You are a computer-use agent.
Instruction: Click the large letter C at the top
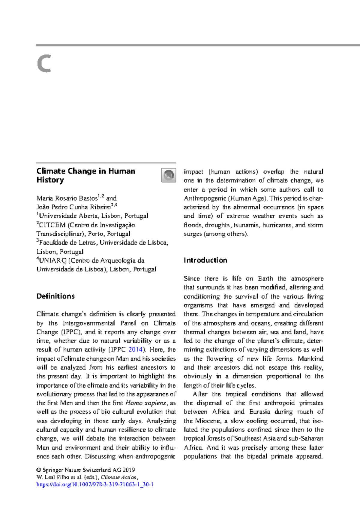click(x=44, y=64)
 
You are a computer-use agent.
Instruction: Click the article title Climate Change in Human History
click(x=85, y=175)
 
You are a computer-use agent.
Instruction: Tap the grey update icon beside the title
click(x=169, y=175)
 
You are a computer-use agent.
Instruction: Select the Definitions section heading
click(x=55, y=296)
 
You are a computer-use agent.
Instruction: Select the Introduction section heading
click(x=205, y=260)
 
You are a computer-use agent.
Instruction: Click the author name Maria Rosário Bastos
click(x=67, y=198)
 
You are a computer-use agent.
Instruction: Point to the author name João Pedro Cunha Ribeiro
click(x=73, y=207)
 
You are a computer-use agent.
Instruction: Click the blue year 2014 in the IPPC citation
click(x=135, y=350)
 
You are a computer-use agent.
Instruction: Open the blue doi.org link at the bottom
click(x=95, y=485)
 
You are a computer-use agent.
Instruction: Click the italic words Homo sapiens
click(x=146, y=403)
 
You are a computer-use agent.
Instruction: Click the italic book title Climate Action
click(x=119, y=477)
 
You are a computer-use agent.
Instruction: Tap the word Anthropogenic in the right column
click(x=205, y=198)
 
